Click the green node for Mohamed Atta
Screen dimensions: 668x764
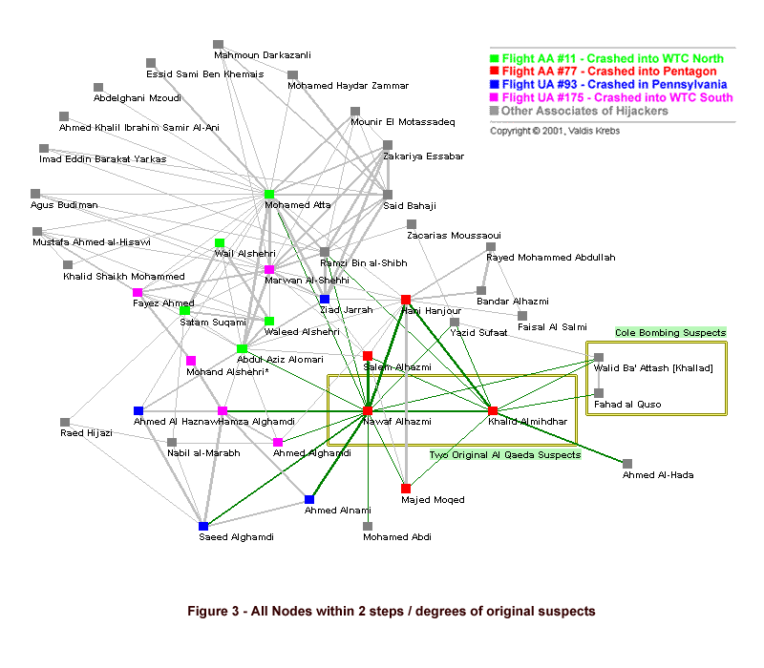pyautogui.click(x=269, y=195)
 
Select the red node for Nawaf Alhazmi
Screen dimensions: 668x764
pyautogui.click(x=368, y=410)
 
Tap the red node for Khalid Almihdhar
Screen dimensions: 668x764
pyautogui.click(x=493, y=410)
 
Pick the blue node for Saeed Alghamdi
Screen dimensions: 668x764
pyautogui.click(x=203, y=526)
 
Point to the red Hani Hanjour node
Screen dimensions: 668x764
pyautogui.click(x=406, y=300)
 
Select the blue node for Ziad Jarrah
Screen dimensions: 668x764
pyautogui.click(x=325, y=300)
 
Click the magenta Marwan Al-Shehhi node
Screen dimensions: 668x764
pyautogui.click(x=269, y=269)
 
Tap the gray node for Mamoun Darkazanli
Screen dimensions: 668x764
pyautogui.click(x=218, y=44)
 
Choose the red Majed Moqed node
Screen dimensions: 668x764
pyautogui.click(x=406, y=489)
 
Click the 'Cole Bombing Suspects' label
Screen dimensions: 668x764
pyautogui.click(x=670, y=332)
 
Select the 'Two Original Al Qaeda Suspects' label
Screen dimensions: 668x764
pyautogui.click(x=504, y=455)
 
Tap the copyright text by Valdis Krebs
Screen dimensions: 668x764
pyautogui.click(x=554, y=131)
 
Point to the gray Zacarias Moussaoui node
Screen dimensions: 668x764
pyautogui.click(x=412, y=224)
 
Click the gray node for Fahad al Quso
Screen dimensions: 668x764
pyautogui.click(x=599, y=392)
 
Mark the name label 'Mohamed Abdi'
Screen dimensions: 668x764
pyautogui.click(x=397, y=537)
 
